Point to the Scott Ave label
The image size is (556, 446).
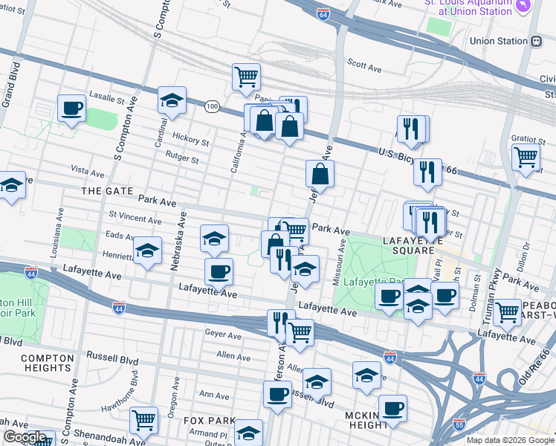click(x=364, y=67)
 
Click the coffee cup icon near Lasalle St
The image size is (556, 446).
click(x=72, y=109)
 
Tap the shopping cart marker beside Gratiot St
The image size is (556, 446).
click(x=526, y=157)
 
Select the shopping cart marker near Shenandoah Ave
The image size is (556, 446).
click(x=143, y=419)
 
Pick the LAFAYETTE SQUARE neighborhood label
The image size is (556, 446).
click(x=413, y=242)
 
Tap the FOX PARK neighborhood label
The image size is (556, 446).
click(x=209, y=421)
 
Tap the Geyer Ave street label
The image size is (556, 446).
click(x=223, y=335)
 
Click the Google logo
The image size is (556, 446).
click(x=25, y=437)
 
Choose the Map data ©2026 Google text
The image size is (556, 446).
click(x=509, y=440)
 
